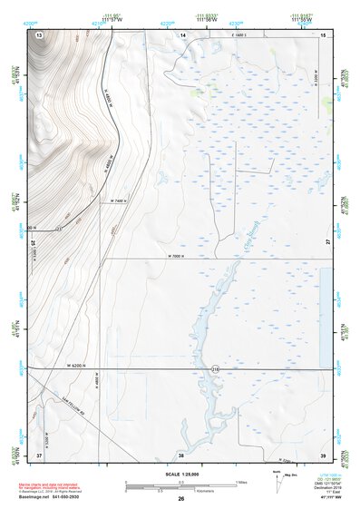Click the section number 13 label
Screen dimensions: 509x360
tap(39, 34)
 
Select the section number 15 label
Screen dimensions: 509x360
tap(323, 34)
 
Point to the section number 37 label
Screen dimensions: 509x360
tap(39, 454)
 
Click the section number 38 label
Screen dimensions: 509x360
tap(181, 454)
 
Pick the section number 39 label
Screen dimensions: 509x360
tap(323, 454)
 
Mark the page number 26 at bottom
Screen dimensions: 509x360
tap(180, 500)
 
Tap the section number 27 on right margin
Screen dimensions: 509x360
tap(327, 243)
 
